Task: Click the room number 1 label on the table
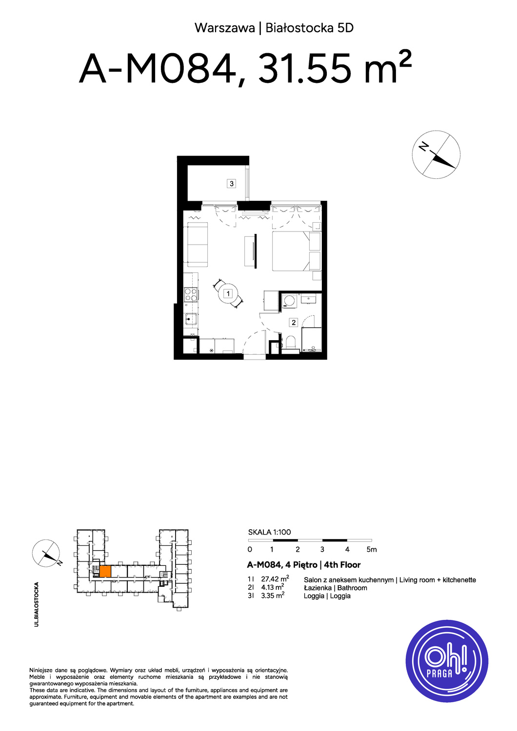tap(228, 294)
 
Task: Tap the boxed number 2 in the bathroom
tap(294, 323)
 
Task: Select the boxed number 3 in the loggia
tap(232, 183)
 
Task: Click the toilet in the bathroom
tap(290, 343)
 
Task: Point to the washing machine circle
tap(289, 300)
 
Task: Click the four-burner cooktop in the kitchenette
tap(191, 294)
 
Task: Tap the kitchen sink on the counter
tap(191, 319)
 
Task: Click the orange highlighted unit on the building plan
tap(105, 572)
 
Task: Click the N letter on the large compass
tap(423, 147)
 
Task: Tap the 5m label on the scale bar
tap(372, 550)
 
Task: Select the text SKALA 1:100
tap(269, 532)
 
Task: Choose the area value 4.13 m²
tap(272, 587)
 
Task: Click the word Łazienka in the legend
tap(318, 588)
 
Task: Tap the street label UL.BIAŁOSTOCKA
tap(37, 604)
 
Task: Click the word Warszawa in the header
tap(225, 28)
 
